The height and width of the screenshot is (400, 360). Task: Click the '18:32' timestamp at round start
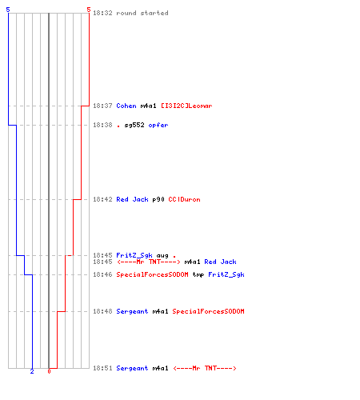click(102, 13)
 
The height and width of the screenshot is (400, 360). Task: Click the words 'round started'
click(142, 13)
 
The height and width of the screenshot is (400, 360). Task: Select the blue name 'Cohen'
click(126, 106)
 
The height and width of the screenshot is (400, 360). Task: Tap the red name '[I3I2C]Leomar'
click(186, 106)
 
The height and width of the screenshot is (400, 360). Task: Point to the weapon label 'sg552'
click(134, 126)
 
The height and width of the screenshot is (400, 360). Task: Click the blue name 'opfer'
click(158, 126)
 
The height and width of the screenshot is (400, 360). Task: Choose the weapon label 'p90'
click(158, 200)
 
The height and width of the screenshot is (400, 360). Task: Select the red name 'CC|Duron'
click(184, 199)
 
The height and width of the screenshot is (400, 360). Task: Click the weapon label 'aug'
click(162, 256)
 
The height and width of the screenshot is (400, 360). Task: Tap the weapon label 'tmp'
click(198, 274)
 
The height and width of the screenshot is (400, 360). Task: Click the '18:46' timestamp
click(102, 274)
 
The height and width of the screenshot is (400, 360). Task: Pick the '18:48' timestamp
click(102, 311)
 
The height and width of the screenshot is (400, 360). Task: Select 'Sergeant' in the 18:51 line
click(132, 368)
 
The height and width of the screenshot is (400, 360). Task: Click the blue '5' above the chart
click(8, 10)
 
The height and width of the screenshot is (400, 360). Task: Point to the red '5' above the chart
click(89, 10)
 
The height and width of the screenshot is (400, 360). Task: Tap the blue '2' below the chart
click(32, 371)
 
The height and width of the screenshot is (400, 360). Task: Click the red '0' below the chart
click(49, 371)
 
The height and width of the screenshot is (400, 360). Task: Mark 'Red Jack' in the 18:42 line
click(132, 199)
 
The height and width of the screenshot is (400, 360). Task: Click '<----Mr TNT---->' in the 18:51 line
click(205, 368)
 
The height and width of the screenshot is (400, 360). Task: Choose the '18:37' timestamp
click(102, 106)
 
